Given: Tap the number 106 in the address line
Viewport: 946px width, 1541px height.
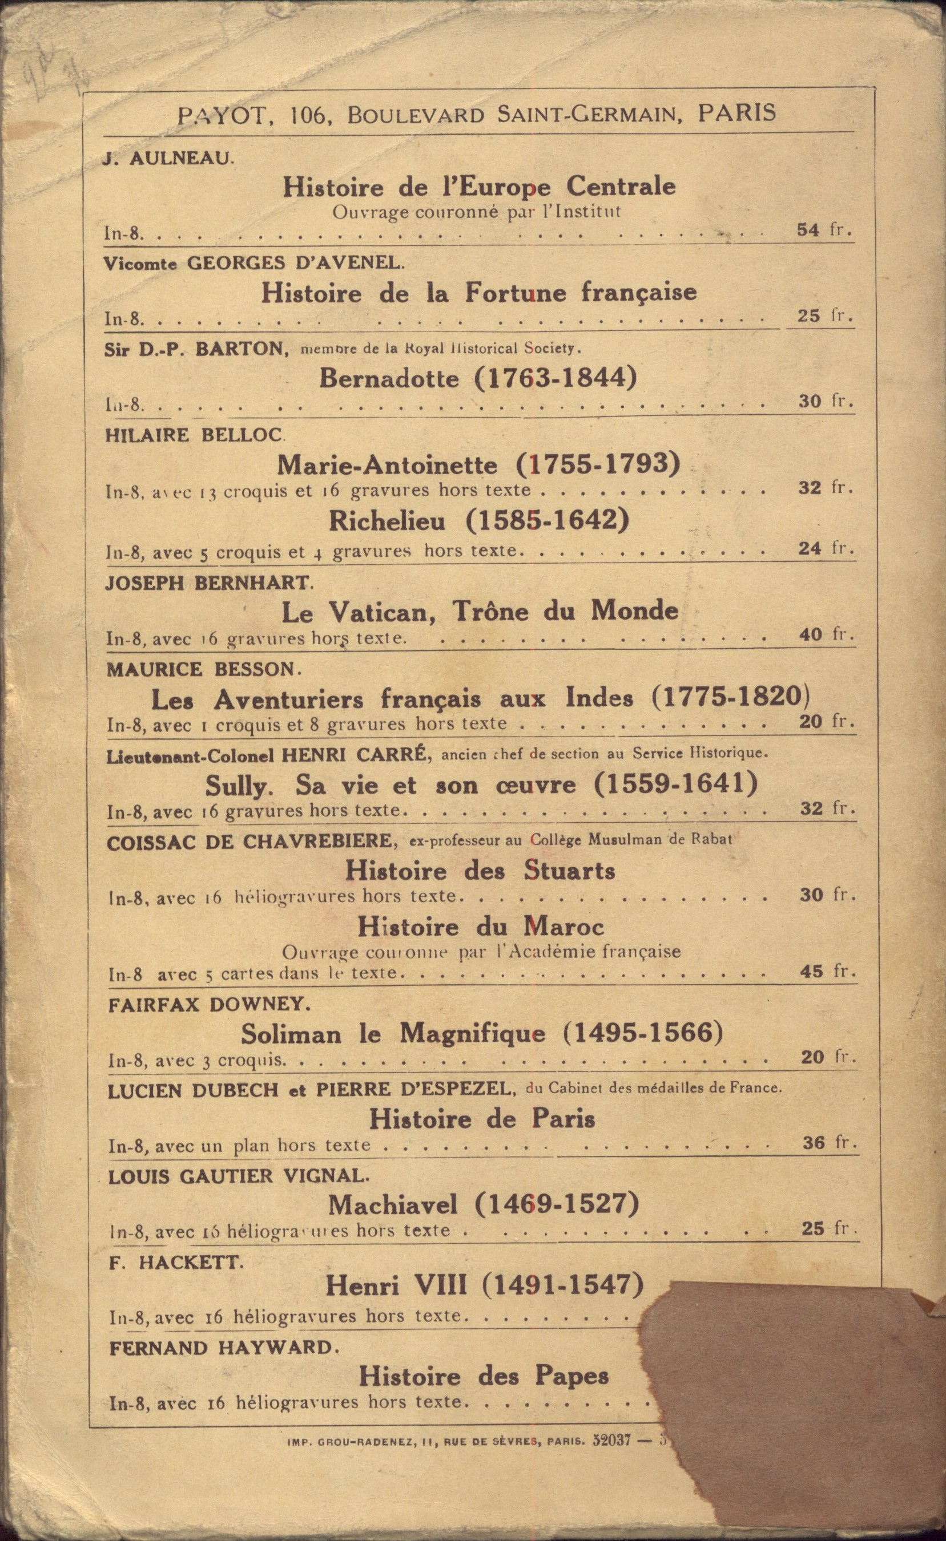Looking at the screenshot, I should tap(307, 115).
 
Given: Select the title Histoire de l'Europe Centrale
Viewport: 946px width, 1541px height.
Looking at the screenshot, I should tap(478, 187).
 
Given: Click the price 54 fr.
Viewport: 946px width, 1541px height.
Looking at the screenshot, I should tap(824, 229).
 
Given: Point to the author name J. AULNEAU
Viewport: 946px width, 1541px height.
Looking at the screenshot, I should tap(168, 159).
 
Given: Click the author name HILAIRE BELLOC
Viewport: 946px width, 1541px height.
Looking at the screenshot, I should tap(195, 435).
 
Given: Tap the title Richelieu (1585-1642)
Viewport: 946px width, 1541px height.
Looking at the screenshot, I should tap(478, 521).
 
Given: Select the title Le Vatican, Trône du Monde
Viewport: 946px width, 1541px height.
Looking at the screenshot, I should tap(480, 611).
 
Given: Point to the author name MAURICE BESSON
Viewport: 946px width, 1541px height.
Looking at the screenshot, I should tap(203, 670).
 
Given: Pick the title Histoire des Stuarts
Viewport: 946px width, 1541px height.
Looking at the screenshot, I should tap(480, 871).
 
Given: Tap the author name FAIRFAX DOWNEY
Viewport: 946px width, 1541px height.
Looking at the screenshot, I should tap(209, 1005).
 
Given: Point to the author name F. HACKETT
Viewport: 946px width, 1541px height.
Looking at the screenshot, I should tap(176, 1263).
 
